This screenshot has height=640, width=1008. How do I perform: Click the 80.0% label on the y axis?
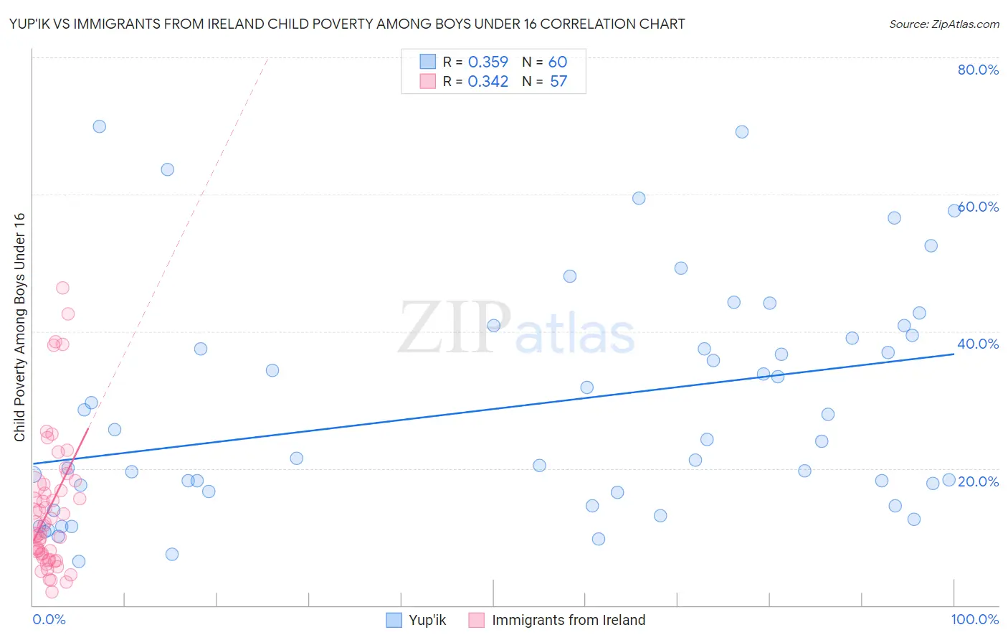(x=978, y=70)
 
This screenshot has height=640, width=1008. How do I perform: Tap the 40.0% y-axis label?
(x=978, y=344)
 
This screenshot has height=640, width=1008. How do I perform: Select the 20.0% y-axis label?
(x=979, y=481)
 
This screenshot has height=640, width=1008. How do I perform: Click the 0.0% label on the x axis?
(x=49, y=619)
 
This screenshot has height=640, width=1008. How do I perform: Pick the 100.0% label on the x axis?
(x=974, y=619)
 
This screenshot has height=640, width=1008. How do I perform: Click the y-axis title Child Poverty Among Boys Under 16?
(x=19, y=327)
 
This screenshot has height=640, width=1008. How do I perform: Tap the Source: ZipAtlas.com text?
(x=943, y=24)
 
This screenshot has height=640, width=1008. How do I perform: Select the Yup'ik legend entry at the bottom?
(x=417, y=620)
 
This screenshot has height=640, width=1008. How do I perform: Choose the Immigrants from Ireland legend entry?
(x=557, y=620)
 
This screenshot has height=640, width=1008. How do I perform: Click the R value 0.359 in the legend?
(x=488, y=62)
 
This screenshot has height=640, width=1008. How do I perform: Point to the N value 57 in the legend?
(x=558, y=81)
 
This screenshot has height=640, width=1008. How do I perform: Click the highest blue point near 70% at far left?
(x=99, y=126)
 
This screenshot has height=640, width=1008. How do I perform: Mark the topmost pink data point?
(x=62, y=288)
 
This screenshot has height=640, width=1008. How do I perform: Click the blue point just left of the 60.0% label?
(x=954, y=210)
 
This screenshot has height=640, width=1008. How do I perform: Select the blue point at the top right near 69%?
(x=742, y=132)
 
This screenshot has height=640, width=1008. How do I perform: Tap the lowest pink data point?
(x=52, y=592)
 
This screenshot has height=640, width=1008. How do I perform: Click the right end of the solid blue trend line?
(x=954, y=354)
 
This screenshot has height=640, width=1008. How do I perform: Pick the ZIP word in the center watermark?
(x=455, y=329)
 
